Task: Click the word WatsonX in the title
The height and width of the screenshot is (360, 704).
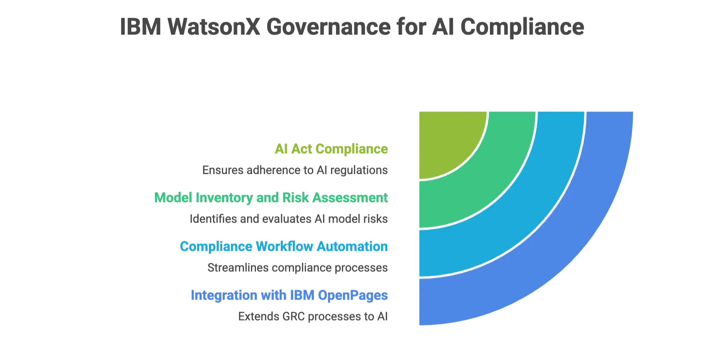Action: tap(214, 27)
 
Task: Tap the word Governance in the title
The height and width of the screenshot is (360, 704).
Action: tap(328, 27)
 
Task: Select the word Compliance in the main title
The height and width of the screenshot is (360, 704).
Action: tap(522, 27)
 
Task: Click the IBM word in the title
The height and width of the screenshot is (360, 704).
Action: tap(140, 27)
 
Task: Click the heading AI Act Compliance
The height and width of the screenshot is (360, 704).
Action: tap(331, 149)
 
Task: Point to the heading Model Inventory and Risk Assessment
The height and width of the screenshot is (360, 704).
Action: tap(271, 198)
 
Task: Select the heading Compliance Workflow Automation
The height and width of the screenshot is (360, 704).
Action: tap(284, 247)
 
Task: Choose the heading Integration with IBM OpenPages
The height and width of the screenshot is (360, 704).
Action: tap(289, 295)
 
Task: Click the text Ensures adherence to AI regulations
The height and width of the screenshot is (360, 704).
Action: tap(295, 170)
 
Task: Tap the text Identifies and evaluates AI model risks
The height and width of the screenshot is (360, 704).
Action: tap(288, 219)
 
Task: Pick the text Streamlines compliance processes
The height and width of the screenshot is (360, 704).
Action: tap(297, 268)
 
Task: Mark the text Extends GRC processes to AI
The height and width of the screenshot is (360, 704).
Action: tap(313, 317)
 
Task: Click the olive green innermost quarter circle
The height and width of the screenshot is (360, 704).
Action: tap(445, 139)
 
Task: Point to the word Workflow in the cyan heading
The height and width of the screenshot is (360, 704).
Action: tap(284, 247)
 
